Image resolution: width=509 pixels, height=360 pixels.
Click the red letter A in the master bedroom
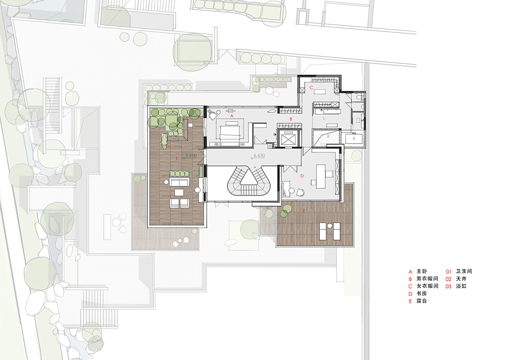pos(232,116)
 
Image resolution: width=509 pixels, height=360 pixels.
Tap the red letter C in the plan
pos(311,87)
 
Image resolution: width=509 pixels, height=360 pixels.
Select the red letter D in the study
pos(302,176)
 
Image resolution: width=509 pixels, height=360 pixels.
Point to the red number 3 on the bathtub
pos(354,138)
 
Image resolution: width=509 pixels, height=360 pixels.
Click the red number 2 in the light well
pos(328,136)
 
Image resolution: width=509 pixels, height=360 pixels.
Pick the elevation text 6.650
pos(259,156)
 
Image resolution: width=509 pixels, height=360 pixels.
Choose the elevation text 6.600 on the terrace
pos(191,156)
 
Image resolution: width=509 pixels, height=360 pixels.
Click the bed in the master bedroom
pos(230,133)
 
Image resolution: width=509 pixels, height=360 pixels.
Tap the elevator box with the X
pos(288,139)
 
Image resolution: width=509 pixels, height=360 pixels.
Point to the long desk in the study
pos(321,176)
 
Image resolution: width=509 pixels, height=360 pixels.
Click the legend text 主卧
pos(422,271)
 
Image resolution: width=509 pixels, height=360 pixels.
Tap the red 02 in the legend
pos(448,279)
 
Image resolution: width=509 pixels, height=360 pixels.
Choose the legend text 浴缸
pos(461,286)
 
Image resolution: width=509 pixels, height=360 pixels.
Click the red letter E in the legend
pos(410,301)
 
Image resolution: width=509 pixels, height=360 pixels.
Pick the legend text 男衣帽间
pos(428,279)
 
